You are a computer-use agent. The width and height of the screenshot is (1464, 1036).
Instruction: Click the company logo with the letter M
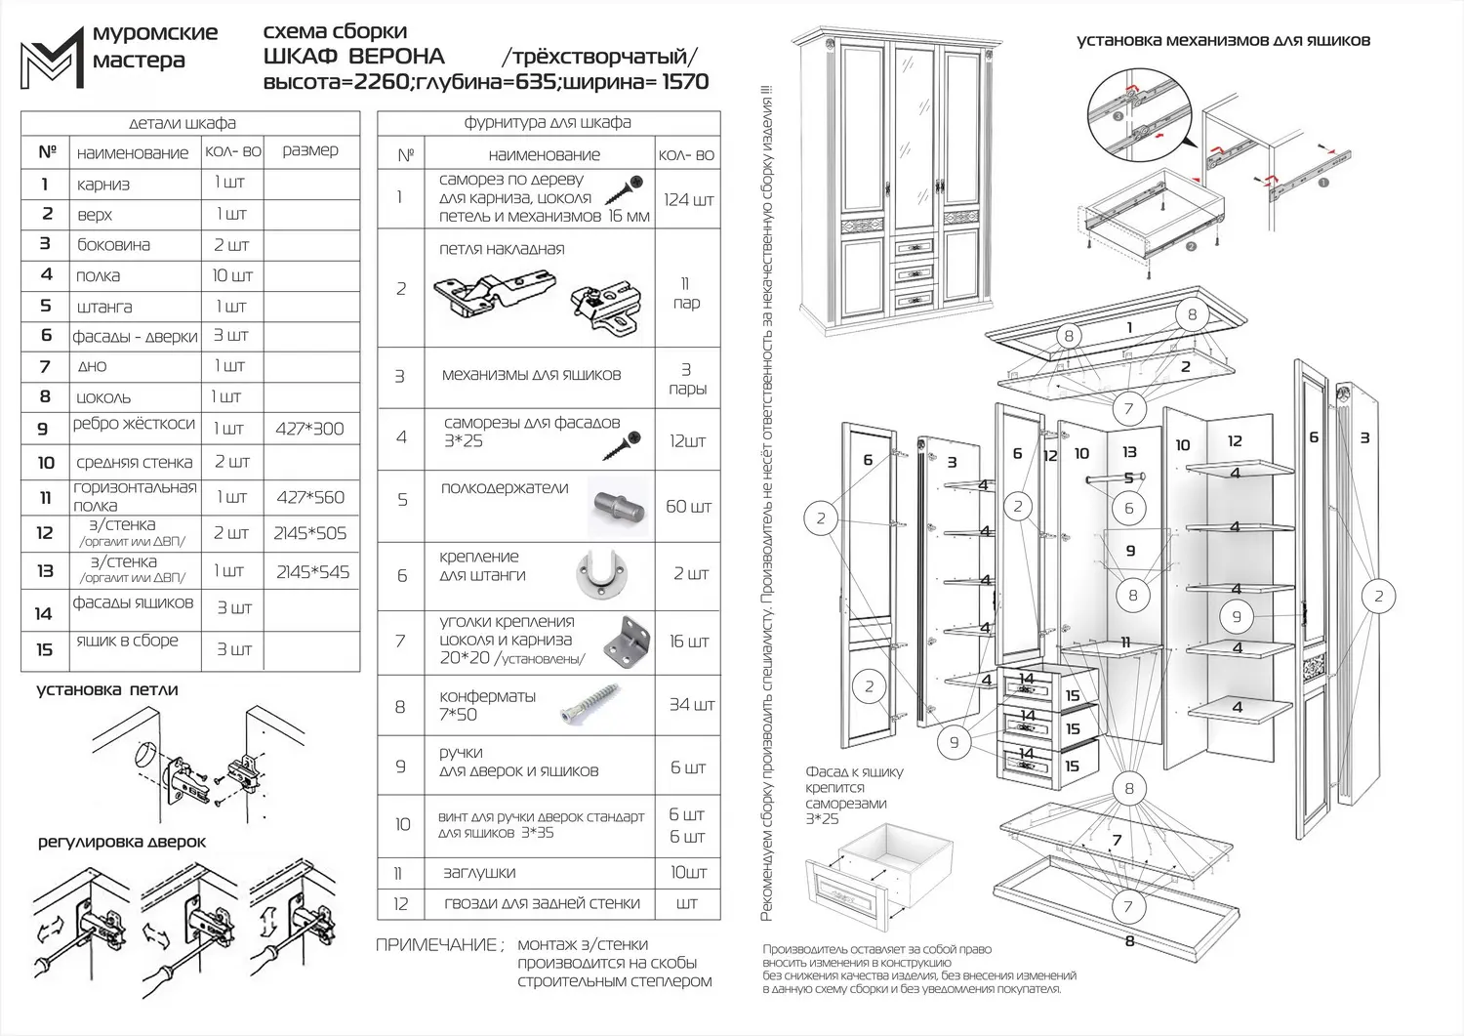pos(52,54)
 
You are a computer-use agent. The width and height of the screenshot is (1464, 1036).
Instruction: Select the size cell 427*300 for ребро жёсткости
pos(309,429)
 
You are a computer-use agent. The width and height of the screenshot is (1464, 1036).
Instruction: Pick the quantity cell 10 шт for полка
pos(232,275)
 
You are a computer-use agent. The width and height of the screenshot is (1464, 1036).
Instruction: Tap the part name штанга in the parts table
pos(104,307)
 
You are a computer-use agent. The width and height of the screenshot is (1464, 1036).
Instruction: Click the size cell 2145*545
pos(312,572)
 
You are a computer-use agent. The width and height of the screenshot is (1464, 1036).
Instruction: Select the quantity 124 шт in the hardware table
pos(688,199)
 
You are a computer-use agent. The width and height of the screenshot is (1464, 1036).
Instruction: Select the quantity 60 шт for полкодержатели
pos(688,507)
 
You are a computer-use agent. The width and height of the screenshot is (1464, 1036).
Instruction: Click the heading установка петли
pos(107,689)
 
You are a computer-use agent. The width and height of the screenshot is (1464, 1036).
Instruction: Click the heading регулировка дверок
pos(122,842)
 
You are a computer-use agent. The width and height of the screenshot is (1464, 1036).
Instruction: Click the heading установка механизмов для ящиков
pos(1223,41)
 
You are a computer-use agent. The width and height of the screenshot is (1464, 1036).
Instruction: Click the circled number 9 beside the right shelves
pos(1237,616)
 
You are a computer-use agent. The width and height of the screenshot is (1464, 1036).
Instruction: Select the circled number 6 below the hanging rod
pos(1129,508)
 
